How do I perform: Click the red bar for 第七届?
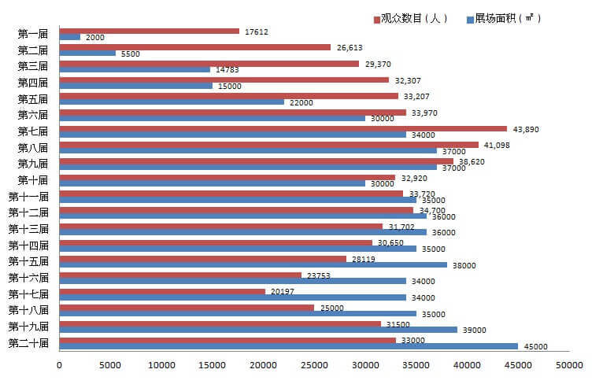[x=283, y=128]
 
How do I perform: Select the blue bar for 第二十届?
[x=289, y=346]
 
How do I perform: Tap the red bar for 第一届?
[x=150, y=31]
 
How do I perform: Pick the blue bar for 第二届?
[x=87, y=53]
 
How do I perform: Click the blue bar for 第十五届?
[x=253, y=265]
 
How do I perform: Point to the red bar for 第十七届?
[x=162, y=291]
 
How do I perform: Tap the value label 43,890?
[x=525, y=128]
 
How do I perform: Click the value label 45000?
[x=536, y=346]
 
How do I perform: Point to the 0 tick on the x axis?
[x=60, y=364]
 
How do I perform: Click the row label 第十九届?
[x=28, y=326]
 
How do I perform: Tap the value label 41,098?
[x=497, y=145]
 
